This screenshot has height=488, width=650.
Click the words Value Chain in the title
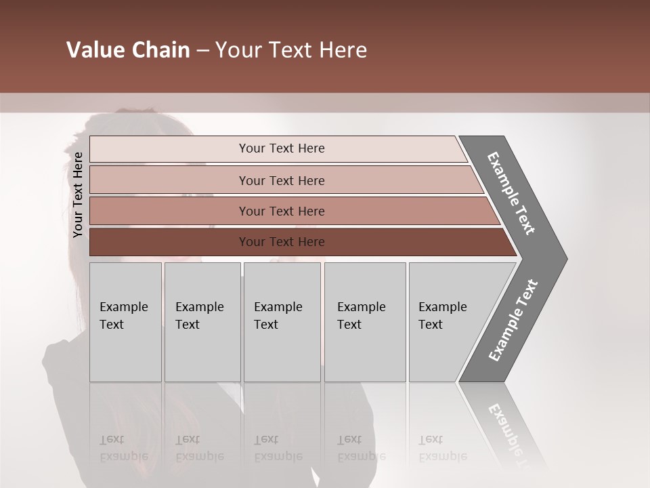128,50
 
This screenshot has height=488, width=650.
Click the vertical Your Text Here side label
78,195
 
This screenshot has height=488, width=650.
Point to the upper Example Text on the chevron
511,193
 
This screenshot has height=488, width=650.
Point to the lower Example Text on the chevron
513,321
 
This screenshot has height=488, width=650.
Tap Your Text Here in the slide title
291,50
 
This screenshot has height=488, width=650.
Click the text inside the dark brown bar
282,242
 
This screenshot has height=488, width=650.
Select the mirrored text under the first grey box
123,447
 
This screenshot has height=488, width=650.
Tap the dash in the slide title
202,51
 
